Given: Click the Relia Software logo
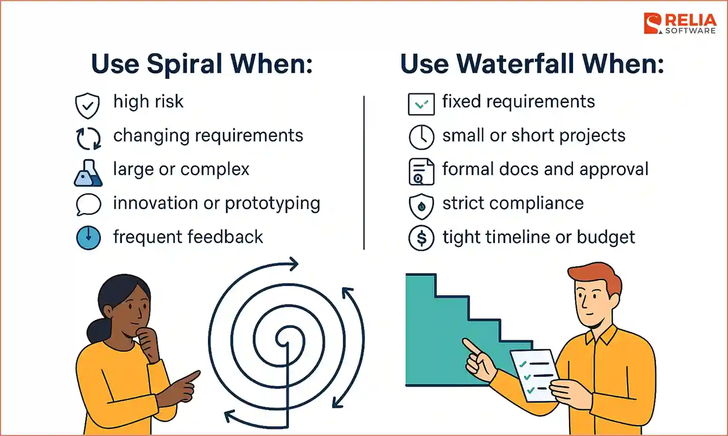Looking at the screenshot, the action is pos(680,23).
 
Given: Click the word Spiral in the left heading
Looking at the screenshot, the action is pos(185,64).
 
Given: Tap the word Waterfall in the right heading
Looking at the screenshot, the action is pos(515,64).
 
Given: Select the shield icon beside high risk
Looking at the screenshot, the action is pos(87,105).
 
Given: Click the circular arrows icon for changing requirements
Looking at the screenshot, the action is pos(88,139).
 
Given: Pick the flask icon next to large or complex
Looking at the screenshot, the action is pos(88,173).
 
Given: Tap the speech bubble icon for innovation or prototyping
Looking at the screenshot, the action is pos(88,205).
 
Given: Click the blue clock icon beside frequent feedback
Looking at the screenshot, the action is pos(88,238).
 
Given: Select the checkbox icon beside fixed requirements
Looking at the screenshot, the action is pos(421,104).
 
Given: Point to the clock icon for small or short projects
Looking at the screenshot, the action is pos(421,137).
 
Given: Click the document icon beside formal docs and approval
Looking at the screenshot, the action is pos(421,172).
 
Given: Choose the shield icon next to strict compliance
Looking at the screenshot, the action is pos(421,206).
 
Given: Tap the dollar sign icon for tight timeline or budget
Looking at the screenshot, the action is pos(421,238).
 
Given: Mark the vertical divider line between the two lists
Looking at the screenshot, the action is pos(363,172).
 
